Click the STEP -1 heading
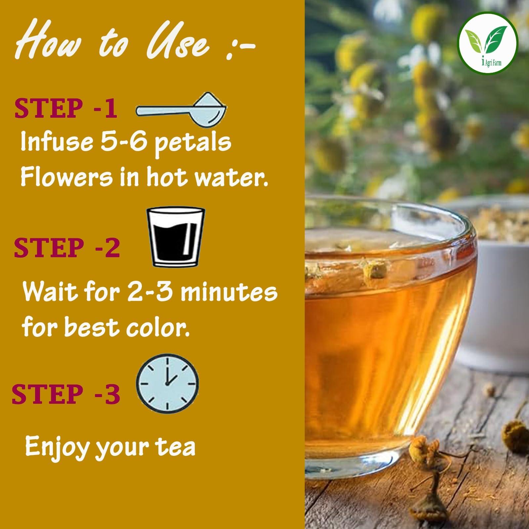point(65,109)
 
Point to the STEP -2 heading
point(66,248)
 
